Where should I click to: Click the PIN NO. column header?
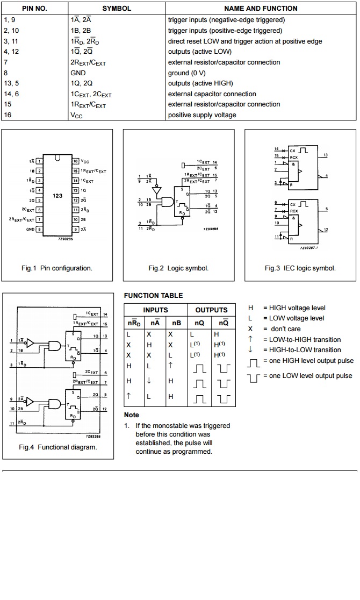(34, 9)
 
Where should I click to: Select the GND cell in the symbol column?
(78, 73)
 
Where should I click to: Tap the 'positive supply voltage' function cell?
(201, 115)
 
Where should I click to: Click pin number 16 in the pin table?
(8, 115)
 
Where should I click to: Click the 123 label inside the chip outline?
(57, 196)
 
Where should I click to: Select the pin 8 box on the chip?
(39, 229)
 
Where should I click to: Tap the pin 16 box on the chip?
(76, 161)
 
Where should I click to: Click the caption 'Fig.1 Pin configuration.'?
(56, 268)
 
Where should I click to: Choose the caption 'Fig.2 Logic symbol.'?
(178, 268)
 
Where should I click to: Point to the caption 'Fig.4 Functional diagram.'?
(58, 447)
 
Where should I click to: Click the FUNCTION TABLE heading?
(153, 296)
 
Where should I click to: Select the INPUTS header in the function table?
(155, 310)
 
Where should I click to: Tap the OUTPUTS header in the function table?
(211, 310)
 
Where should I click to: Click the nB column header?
(176, 323)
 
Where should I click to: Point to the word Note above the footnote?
(131, 415)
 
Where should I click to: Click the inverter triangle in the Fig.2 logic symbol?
(157, 190)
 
